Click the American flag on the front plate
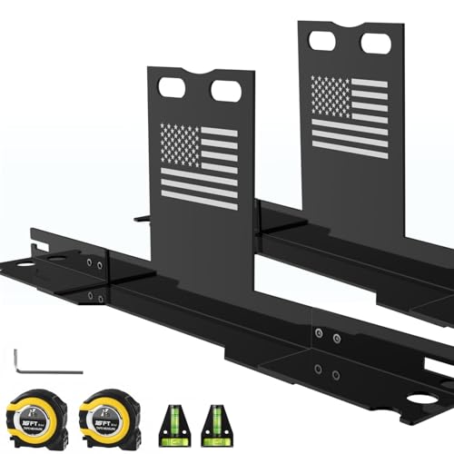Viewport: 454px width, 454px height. point(199,165)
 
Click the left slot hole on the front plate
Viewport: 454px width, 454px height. point(172,87)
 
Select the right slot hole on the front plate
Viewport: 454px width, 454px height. point(225,91)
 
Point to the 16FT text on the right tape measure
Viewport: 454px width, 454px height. point(101,423)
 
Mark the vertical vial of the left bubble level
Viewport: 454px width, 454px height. point(169,413)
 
